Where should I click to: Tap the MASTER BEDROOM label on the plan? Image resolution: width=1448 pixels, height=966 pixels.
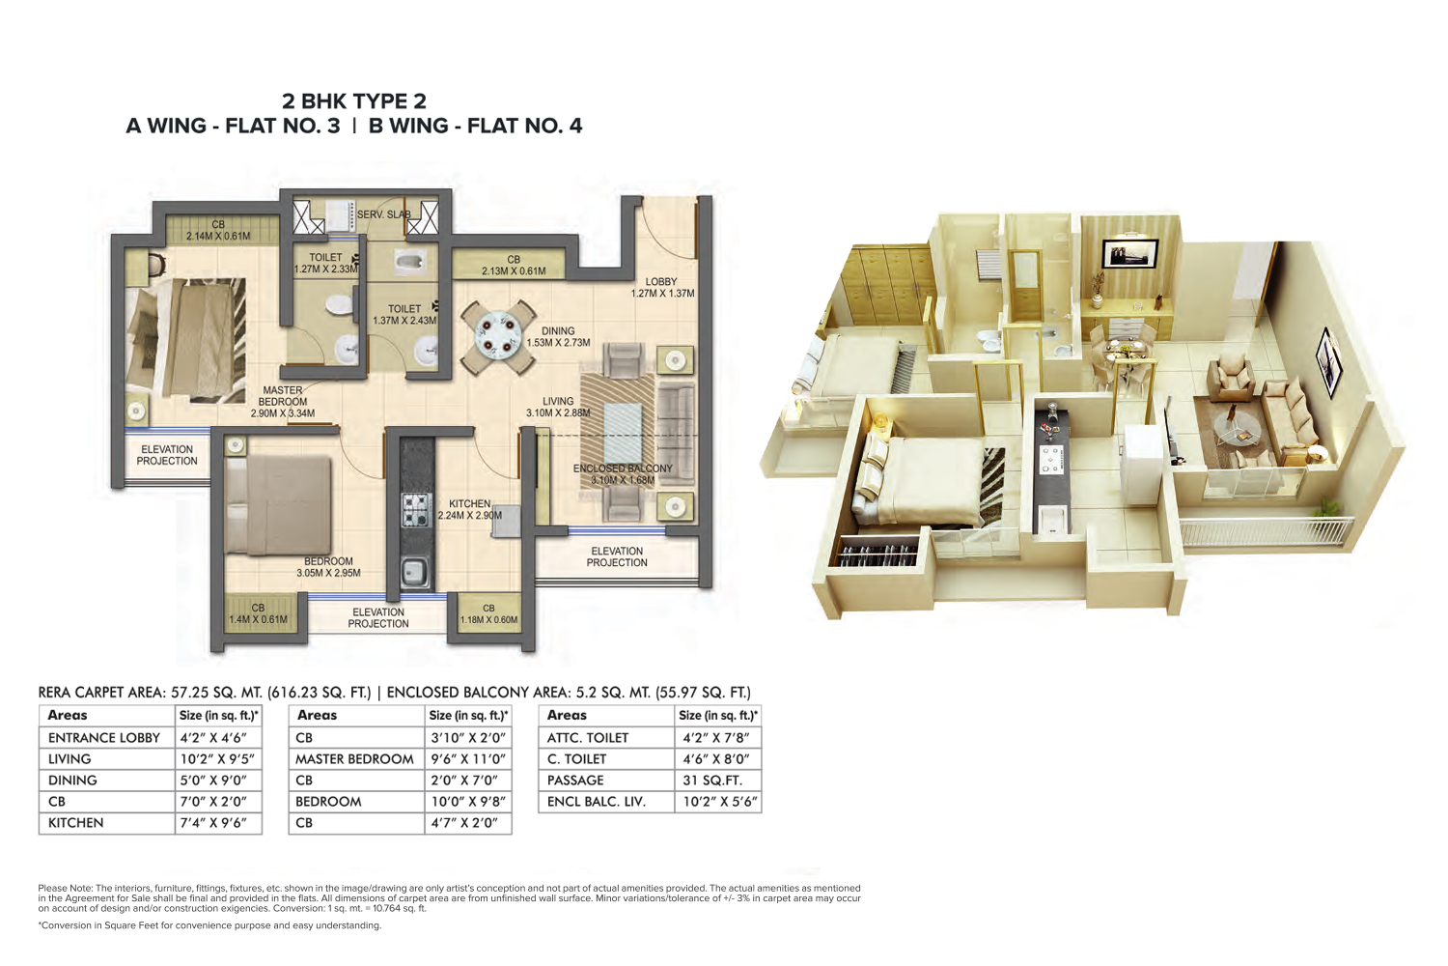[x=283, y=396]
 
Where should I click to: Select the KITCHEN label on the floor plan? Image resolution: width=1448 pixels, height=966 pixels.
[x=470, y=503]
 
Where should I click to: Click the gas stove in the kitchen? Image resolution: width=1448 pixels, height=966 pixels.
[x=416, y=510]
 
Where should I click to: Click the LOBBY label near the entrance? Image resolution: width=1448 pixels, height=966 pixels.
[x=661, y=281]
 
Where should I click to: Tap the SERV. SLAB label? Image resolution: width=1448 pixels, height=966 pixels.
[x=383, y=214]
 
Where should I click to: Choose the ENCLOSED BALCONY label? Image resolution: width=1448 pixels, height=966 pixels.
[x=623, y=468]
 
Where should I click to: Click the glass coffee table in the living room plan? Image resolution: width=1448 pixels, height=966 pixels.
[x=622, y=433]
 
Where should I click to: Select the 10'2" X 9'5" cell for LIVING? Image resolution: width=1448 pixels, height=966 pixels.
[x=216, y=758]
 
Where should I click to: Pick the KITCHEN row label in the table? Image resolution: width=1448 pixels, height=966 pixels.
[x=75, y=822]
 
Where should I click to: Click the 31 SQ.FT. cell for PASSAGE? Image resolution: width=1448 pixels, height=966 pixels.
[x=712, y=781]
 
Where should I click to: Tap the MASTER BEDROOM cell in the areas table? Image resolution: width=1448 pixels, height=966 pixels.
[x=354, y=758]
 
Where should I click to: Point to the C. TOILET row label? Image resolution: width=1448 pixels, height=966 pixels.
[x=576, y=758]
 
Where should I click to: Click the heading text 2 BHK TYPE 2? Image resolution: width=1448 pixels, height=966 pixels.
[x=354, y=100]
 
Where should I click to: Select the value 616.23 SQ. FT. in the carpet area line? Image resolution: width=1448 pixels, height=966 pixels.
[x=320, y=693]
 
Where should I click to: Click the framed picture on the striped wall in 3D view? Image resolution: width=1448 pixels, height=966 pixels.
[x=1129, y=253]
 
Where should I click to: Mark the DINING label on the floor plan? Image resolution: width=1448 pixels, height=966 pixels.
[x=558, y=330]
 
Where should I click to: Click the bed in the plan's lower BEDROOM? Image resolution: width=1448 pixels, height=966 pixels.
[x=279, y=505]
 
